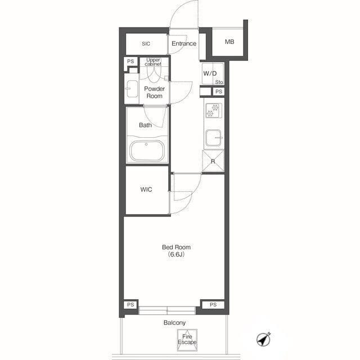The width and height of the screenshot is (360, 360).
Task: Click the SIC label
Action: click(146, 44)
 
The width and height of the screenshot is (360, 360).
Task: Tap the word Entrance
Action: click(184, 43)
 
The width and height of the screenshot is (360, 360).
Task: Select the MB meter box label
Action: click(229, 42)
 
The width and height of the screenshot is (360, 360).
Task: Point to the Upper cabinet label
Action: click(153, 62)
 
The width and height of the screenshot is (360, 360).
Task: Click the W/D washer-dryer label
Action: click(210, 74)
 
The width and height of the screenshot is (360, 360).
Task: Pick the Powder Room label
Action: click(154, 92)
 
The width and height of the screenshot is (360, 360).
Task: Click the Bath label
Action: click(145, 125)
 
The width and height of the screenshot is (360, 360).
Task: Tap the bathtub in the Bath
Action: click(147, 151)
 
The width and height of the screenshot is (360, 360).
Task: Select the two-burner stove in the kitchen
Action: click(214, 110)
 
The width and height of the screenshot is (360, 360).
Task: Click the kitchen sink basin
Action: click(213, 138)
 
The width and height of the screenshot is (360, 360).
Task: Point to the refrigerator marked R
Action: click(213, 161)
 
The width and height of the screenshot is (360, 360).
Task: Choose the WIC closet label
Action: click(146, 190)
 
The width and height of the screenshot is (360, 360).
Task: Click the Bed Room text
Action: click(176, 247)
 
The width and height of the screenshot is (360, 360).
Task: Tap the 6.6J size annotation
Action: click(176, 254)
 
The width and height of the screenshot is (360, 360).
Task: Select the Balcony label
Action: click(174, 322)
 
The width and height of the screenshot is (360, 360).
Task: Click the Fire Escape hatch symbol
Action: click(187, 340)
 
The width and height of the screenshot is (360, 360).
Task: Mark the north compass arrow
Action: click(264, 339)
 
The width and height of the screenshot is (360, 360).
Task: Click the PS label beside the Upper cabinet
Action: click(130, 61)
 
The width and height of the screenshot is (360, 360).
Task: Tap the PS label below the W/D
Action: click(219, 92)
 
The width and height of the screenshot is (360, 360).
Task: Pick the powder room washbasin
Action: click(132, 89)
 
